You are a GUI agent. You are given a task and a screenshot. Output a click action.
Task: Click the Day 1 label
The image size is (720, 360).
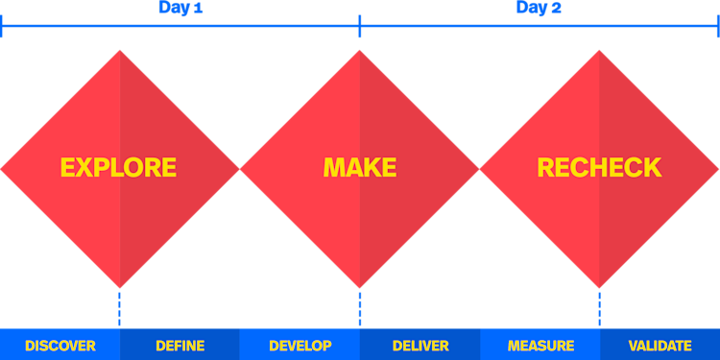click(x=180, y=9)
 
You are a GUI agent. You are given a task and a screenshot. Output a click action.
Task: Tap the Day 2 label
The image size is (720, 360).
click(x=539, y=9)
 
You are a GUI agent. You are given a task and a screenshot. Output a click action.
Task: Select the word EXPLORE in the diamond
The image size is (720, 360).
click(x=118, y=168)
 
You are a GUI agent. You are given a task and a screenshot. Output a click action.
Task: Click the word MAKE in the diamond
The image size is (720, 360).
click(x=360, y=168)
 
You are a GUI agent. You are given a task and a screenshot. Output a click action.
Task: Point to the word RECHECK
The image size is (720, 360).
click(x=599, y=168)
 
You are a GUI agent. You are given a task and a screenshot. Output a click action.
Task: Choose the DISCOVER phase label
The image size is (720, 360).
click(x=60, y=346)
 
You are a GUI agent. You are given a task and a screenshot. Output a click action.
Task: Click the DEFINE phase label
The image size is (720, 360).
click(x=180, y=346)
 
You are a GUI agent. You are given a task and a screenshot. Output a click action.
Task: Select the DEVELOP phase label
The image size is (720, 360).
click(x=300, y=346)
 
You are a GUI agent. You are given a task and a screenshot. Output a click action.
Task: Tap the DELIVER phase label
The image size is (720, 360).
click(x=420, y=346)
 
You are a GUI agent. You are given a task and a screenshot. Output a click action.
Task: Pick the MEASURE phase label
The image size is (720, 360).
click(x=540, y=346)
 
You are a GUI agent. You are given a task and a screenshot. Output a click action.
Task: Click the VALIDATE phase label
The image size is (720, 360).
click(x=660, y=346)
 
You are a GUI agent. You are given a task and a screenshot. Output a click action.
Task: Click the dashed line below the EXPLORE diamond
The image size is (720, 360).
click(x=120, y=309)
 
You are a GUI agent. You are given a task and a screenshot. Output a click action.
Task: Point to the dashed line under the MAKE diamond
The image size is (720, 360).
click(x=360, y=309)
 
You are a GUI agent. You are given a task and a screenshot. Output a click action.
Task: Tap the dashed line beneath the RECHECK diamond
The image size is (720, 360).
click(x=600, y=309)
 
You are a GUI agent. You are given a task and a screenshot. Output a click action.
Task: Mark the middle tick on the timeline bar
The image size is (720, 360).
click(x=360, y=26)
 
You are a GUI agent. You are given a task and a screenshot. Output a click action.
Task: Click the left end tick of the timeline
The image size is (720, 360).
click(x=2, y=26)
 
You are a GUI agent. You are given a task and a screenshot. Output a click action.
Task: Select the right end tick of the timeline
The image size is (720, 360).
click(x=718, y=26)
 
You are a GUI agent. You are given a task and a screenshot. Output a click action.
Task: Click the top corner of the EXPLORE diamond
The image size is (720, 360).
click(x=120, y=52)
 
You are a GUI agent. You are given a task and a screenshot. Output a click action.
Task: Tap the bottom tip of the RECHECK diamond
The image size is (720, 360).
click(x=600, y=286)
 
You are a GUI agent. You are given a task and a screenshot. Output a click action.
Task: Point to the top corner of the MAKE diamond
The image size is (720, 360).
click(x=360, y=52)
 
